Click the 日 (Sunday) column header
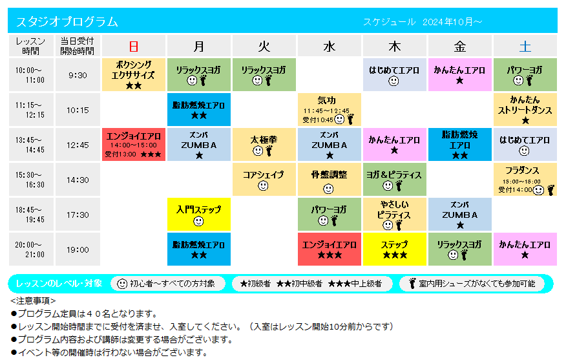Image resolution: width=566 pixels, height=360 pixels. click(134, 46)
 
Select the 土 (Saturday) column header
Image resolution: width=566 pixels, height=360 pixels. click(525, 46)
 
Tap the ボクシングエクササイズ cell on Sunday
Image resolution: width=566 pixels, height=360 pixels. click(134, 75)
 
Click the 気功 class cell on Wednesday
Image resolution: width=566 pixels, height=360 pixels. click(330, 109)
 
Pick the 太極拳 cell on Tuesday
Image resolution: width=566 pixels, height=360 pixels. click(264, 144)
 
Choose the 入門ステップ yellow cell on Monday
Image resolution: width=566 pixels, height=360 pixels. click(198, 214)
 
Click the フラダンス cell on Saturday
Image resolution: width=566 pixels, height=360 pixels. click(525, 180)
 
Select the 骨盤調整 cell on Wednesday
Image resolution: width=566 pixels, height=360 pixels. click(330, 180)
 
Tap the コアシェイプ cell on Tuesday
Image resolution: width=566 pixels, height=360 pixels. click(264, 180)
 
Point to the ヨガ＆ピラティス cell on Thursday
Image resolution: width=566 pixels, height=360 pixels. click(395, 180)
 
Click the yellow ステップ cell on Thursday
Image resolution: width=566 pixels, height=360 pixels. click(395, 249)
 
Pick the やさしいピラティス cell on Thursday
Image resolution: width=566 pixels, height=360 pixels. click(395, 214)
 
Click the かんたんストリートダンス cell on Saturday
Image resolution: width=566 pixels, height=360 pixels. click(525, 109)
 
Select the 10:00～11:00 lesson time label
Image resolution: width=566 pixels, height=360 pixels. click(30, 75)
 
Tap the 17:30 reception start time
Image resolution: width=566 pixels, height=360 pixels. click(78, 215)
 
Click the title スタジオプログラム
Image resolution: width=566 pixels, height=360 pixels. click(67, 22)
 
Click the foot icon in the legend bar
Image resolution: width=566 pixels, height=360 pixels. click(412, 284)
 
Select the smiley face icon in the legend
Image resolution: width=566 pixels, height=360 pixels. click(122, 284)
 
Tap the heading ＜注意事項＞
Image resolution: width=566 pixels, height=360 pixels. click(33, 301)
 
